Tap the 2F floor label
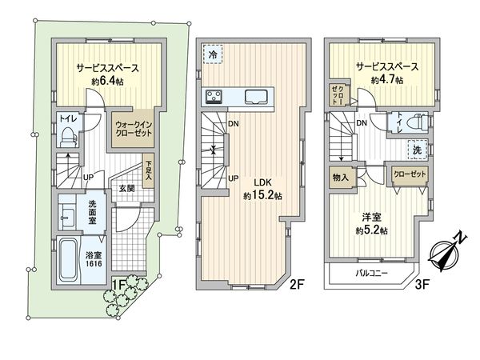[298, 282]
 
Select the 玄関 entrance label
[127, 189]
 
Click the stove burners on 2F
[215, 98]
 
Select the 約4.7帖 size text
[386, 80]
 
